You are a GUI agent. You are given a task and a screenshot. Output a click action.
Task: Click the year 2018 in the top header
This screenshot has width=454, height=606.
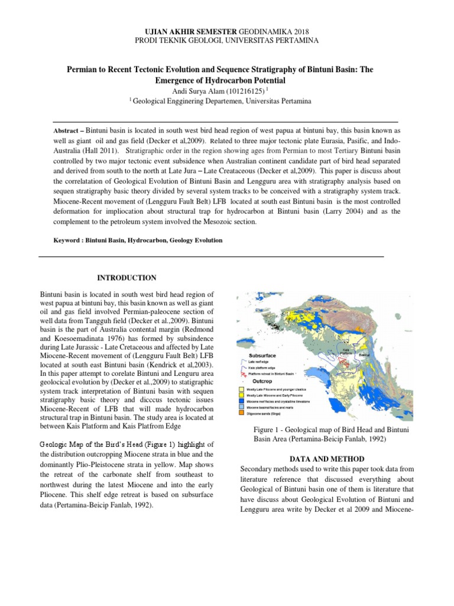[x=299, y=30]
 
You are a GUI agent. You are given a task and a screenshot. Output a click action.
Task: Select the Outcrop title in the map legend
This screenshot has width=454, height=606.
[x=257, y=382]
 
